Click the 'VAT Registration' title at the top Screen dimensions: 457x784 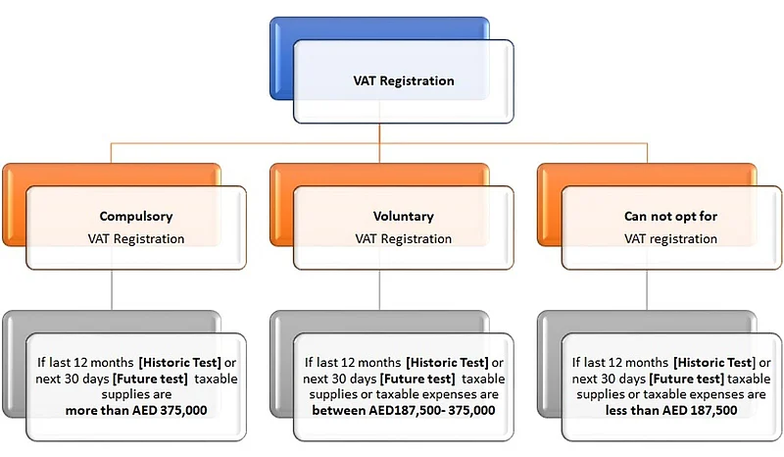pos(403,81)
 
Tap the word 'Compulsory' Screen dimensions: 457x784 pos(137,216)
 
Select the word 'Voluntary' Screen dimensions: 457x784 pos(403,216)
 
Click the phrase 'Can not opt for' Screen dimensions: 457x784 pos(670,216)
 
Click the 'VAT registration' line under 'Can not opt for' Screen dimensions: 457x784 pos(670,238)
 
